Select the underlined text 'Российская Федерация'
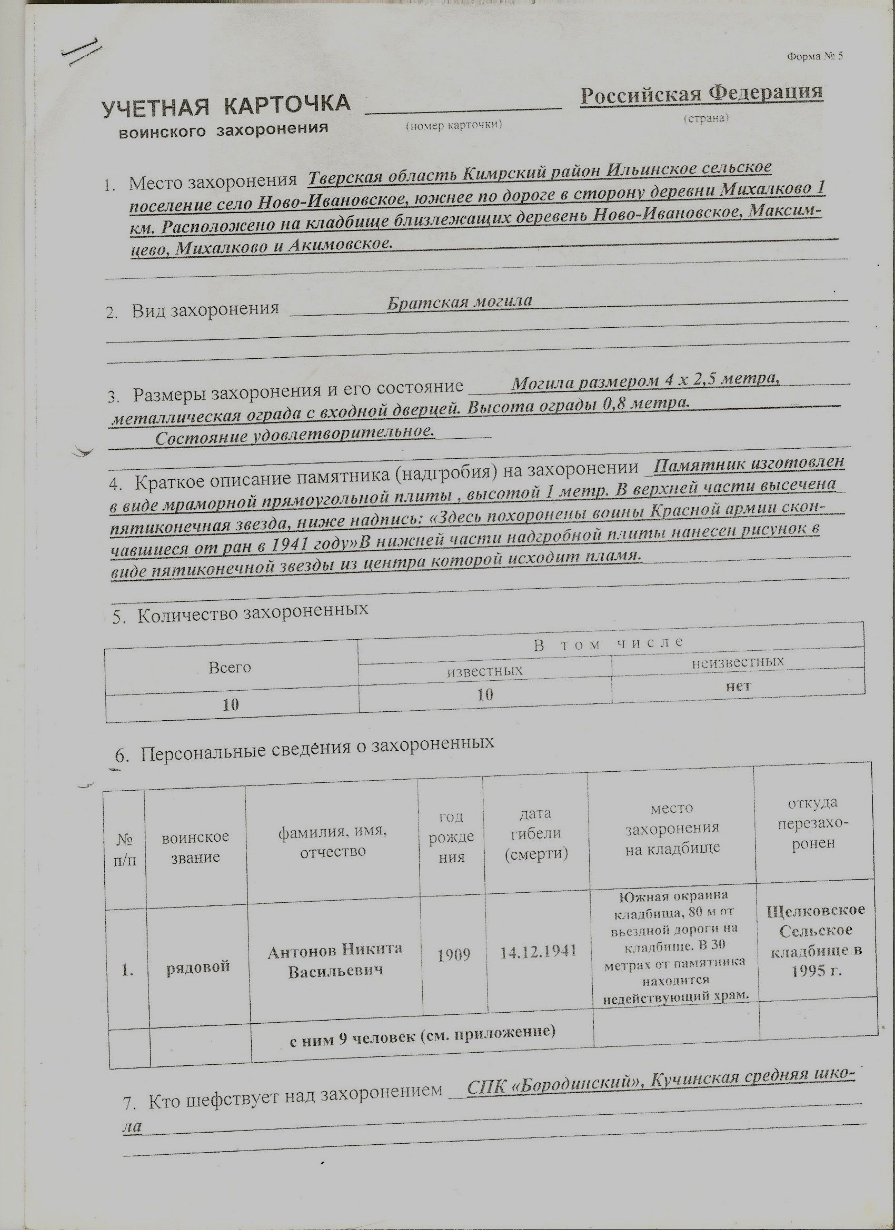tap(701, 93)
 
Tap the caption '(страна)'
tap(705, 118)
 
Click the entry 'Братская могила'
tap(459, 301)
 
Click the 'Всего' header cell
tap(230, 667)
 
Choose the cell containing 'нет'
tap(738, 685)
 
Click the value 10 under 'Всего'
tap(231, 704)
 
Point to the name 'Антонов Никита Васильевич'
tap(335, 960)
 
